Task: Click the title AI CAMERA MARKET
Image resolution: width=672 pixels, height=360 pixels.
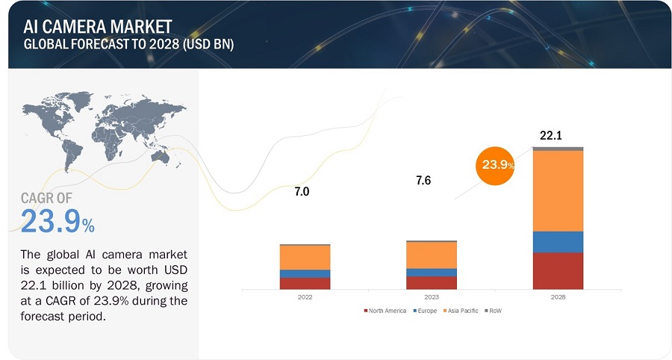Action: tap(98, 27)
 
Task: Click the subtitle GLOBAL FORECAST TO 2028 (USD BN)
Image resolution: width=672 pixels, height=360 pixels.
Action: tap(128, 45)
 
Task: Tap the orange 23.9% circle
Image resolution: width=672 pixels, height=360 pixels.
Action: tap(495, 165)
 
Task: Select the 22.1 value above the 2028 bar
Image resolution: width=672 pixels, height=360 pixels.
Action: tap(551, 135)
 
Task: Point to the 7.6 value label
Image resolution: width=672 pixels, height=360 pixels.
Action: tap(423, 181)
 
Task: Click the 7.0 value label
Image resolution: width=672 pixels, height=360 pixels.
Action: tap(302, 191)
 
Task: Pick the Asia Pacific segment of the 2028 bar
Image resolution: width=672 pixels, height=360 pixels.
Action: tap(558, 191)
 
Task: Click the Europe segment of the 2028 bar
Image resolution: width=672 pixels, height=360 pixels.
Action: tap(558, 242)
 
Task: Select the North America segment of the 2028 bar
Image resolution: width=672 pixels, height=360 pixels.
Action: tap(558, 271)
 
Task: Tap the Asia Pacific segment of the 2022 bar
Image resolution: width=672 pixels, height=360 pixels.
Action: tap(305, 258)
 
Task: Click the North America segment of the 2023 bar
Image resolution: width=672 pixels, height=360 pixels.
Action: tap(432, 283)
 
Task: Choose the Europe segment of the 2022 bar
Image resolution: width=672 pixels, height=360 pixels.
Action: tap(305, 274)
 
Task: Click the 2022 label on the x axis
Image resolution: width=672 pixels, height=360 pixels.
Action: tap(305, 297)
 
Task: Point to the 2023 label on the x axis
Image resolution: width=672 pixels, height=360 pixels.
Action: tap(432, 297)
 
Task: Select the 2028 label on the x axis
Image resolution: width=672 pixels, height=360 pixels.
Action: tap(558, 297)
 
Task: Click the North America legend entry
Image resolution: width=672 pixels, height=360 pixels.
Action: tap(385, 311)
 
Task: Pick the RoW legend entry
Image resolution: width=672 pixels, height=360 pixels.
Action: tap(493, 311)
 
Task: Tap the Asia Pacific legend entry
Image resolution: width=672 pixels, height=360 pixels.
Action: tap(461, 311)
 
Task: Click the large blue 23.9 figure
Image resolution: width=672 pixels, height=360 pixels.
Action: tap(57, 221)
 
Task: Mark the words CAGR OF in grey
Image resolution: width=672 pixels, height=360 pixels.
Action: tap(47, 198)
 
